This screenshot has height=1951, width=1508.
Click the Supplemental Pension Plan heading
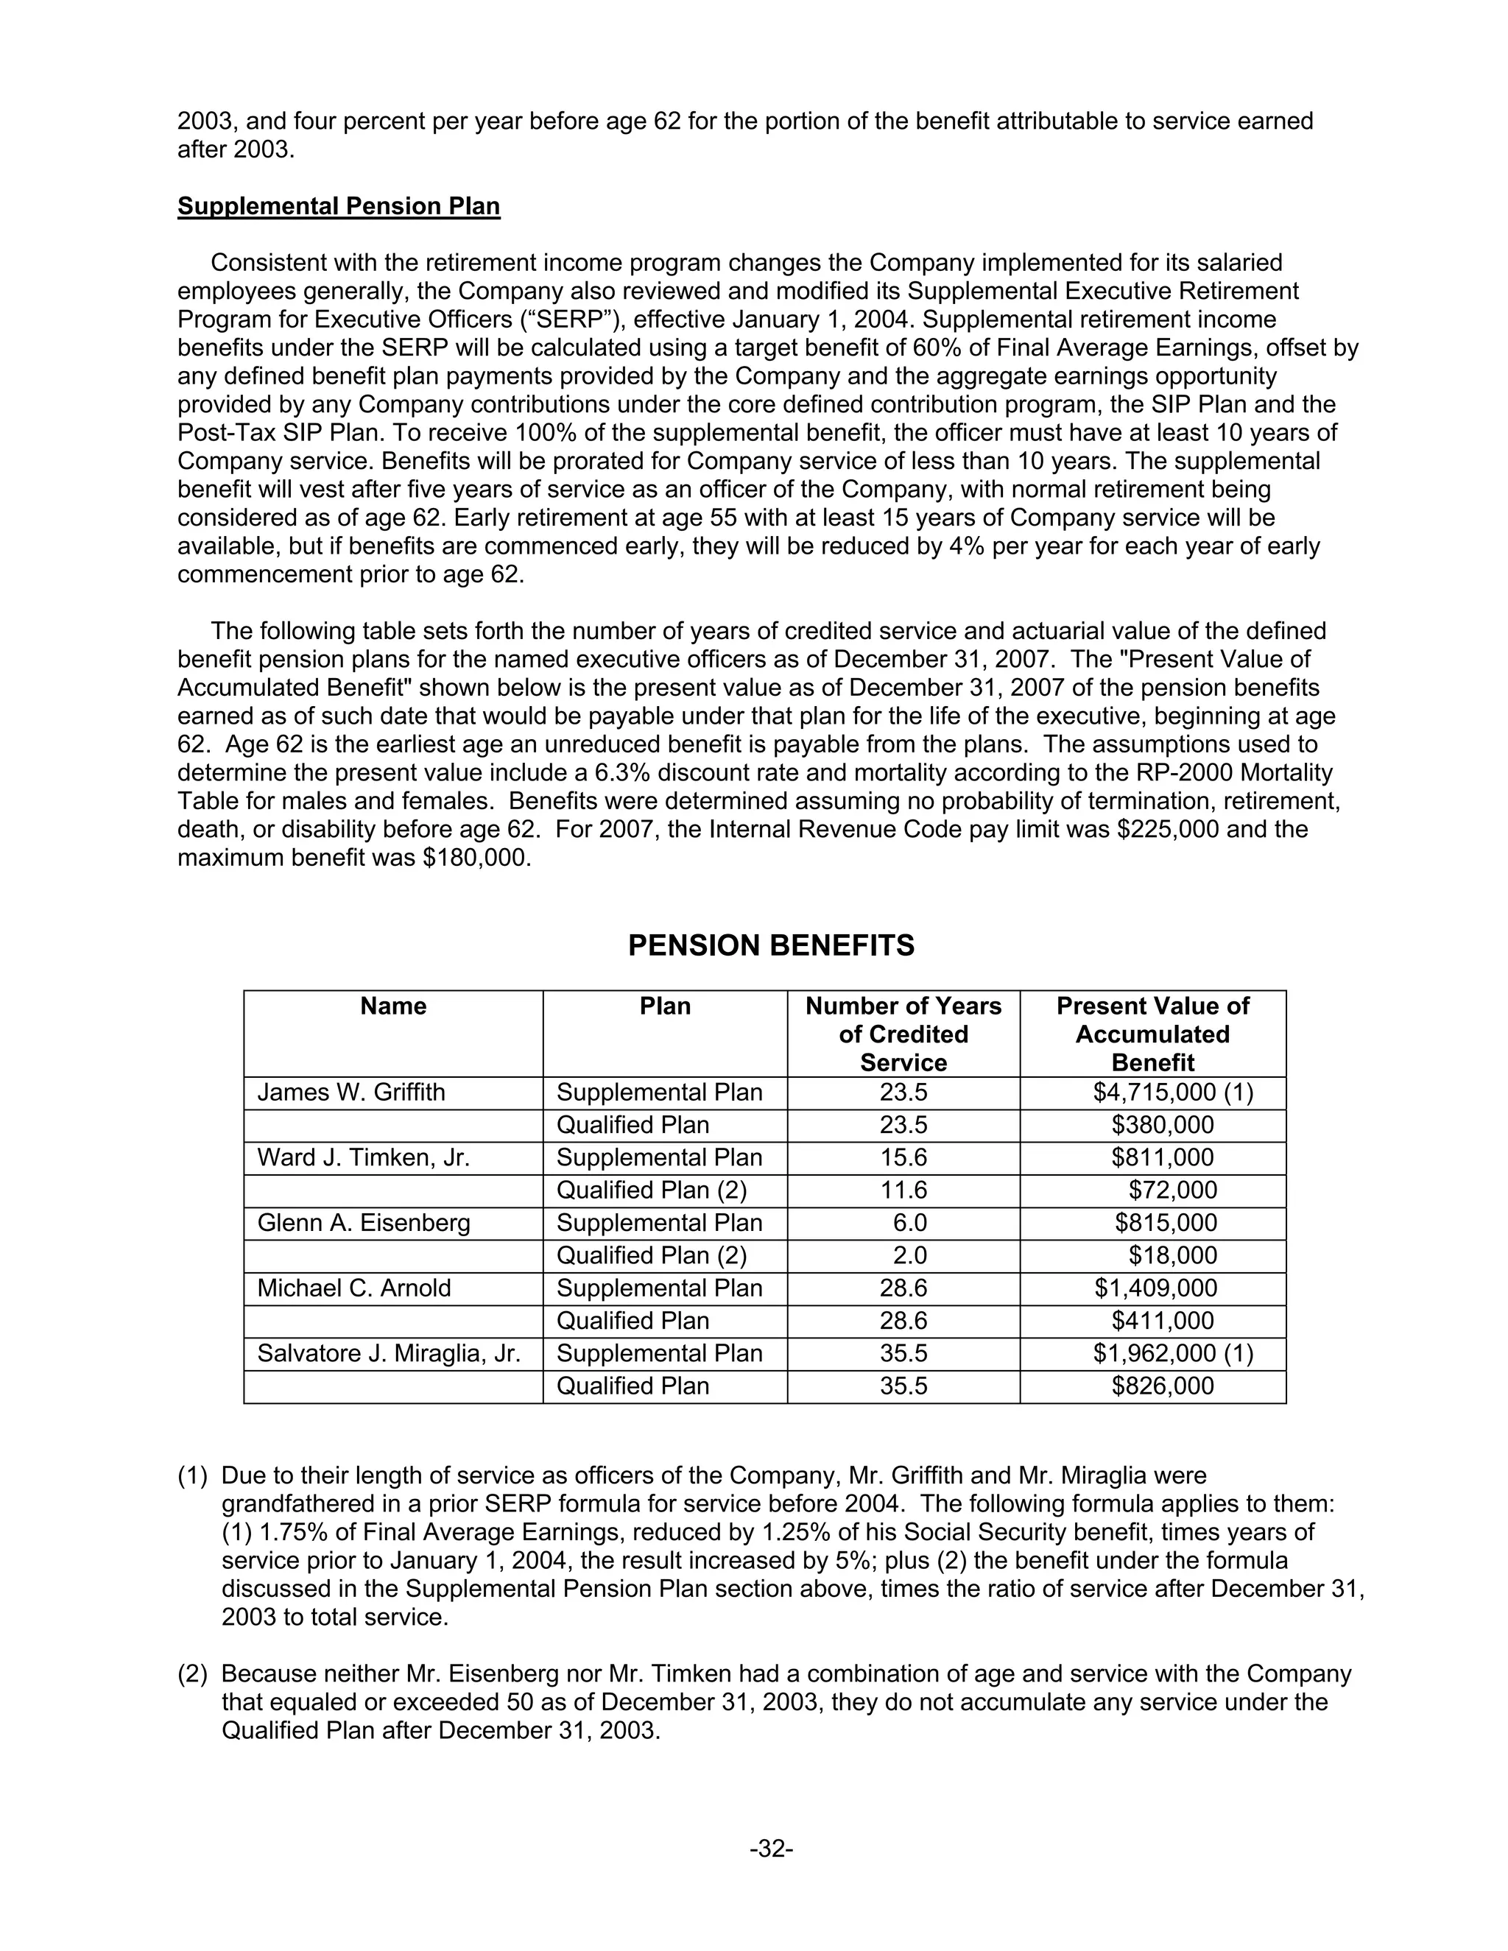339,206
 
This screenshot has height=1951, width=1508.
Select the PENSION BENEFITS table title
770,945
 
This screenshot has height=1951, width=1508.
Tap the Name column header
393,1006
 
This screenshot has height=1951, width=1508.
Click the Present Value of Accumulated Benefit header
1152,1034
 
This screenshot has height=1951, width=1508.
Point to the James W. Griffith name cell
351,1093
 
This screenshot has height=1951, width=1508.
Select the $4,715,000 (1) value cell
1173,1093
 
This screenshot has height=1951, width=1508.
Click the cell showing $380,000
1162,1125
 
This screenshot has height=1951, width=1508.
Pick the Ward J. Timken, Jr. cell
363,1158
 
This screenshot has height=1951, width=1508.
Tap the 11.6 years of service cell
903,1190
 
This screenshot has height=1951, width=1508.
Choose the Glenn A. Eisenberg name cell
364,1223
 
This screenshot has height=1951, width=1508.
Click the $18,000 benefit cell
1172,1255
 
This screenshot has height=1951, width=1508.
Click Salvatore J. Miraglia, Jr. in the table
389,1353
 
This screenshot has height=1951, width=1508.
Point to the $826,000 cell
1162,1386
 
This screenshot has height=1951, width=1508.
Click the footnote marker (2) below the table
192,1673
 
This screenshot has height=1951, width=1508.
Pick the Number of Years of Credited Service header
903,1034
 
